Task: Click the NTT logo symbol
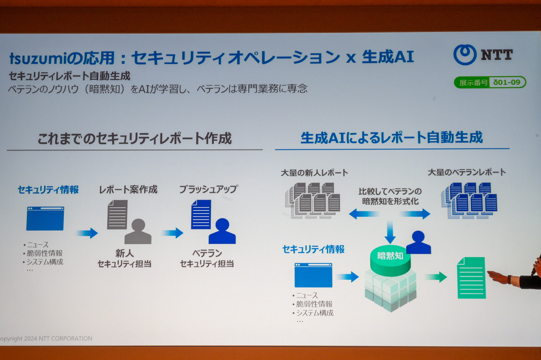[465, 55]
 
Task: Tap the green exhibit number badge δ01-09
[490, 82]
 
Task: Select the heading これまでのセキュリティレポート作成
[134, 138]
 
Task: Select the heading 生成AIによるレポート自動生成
[391, 137]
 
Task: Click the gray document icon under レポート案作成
[117, 214]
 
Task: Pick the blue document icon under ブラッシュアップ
[201, 214]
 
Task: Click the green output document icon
[471, 278]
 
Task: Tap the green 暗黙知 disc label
[390, 257]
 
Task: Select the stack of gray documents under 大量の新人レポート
[313, 200]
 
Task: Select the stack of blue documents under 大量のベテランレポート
[469, 200]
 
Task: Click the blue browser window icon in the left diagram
[45, 219]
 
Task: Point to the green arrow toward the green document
[435, 277]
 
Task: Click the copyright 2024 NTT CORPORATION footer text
[46, 338]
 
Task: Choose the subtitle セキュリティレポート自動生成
[70, 76]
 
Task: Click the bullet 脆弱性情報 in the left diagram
[44, 253]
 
